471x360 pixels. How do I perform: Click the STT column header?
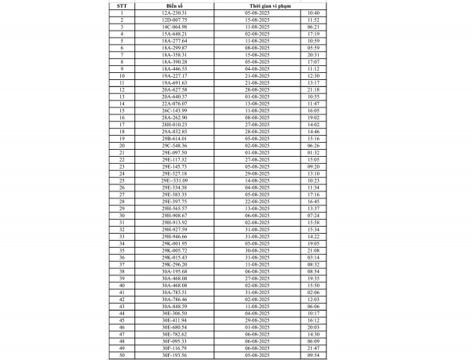[122, 5]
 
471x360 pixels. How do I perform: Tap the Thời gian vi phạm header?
[268, 5]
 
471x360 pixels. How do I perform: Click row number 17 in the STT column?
[122, 124]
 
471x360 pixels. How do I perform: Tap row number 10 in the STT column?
[122, 75]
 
